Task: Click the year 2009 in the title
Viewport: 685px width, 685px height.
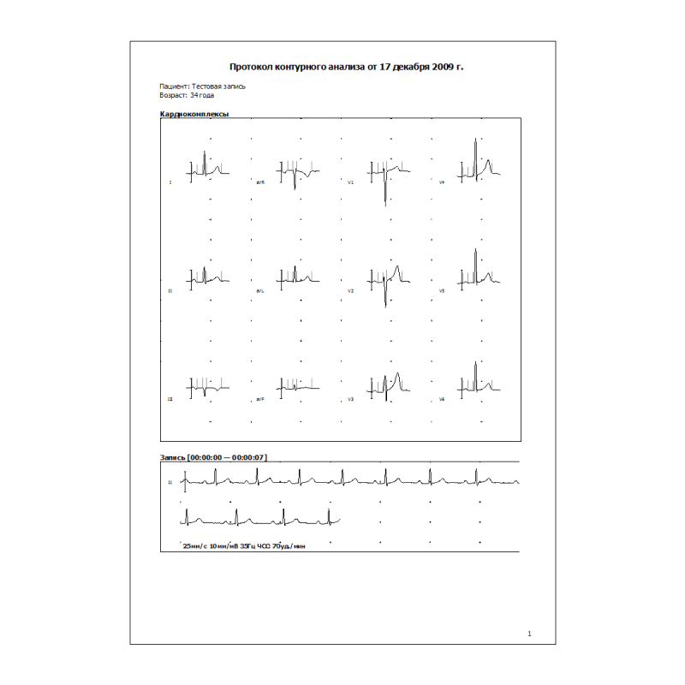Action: point(443,66)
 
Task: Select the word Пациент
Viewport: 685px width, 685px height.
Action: point(174,86)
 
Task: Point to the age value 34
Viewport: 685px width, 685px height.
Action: point(195,95)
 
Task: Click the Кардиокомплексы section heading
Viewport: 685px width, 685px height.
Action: point(194,114)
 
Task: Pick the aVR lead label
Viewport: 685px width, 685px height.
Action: point(260,183)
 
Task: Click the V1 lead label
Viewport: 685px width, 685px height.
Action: point(350,183)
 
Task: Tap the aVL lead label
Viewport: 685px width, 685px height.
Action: point(260,292)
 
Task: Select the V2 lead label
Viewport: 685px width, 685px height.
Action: point(350,292)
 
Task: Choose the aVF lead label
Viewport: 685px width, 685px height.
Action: point(260,400)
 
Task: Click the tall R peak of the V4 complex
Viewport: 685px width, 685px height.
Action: point(476,140)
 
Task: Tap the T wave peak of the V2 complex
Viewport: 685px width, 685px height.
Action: point(398,269)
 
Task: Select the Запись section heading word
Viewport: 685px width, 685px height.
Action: point(174,458)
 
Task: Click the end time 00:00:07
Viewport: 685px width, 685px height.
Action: point(249,458)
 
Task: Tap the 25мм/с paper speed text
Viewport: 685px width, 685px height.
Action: point(195,545)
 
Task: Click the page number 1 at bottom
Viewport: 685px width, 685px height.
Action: point(530,634)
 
